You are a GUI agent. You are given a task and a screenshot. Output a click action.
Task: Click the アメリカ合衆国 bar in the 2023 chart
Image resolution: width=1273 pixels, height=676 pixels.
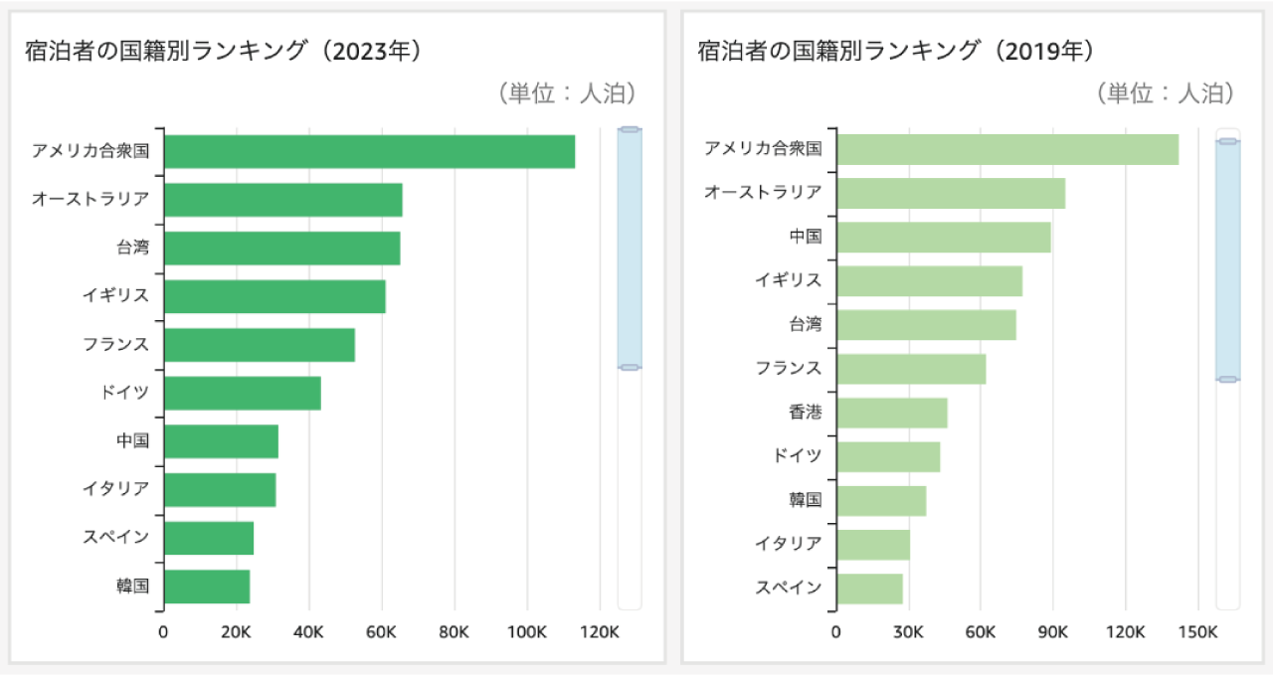[x=369, y=151]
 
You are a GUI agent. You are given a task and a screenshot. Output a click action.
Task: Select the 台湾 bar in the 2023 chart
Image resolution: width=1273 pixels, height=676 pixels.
[x=281, y=248]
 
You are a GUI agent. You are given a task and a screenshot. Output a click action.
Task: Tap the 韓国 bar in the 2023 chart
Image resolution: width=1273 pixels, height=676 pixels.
[x=207, y=587]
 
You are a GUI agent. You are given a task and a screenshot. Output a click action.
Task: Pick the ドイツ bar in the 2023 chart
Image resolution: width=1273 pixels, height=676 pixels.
[x=243, y=393]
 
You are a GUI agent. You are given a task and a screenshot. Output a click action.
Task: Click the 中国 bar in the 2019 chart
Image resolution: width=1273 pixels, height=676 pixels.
[x=944, y=237]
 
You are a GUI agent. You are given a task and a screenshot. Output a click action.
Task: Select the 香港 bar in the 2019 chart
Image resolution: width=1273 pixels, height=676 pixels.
[x=892, y=412]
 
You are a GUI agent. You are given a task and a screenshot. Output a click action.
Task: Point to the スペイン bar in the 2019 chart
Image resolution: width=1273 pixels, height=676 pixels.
[x=870, y=588]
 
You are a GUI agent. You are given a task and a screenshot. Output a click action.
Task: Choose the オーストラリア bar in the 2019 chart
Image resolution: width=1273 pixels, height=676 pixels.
[x=951, y=193]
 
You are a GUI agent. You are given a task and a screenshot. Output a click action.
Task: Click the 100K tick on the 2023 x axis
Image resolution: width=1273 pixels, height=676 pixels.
[x=526, y=632]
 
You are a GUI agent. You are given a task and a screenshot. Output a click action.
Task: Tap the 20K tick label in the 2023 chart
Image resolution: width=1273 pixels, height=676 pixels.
[x=236, y=632]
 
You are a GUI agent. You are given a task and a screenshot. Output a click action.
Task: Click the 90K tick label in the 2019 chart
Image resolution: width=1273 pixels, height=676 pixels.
[x=1053, y=632]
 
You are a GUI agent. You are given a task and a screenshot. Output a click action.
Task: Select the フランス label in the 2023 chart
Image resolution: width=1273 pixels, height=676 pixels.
[x=115, y=344]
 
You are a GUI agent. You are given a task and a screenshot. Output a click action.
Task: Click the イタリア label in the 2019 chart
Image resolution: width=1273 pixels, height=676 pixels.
[x=789, y=544]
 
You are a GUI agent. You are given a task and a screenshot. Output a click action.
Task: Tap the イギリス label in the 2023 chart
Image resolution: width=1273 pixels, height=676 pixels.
[x=115, y=295]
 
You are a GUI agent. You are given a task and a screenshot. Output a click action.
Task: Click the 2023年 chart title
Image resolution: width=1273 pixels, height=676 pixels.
[x=225, y=52]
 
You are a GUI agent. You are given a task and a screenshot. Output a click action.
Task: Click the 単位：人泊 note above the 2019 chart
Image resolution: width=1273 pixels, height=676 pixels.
[x=1165, y=93]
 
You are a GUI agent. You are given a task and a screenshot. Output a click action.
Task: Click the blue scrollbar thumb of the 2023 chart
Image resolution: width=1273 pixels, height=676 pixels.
[x=629, y=249]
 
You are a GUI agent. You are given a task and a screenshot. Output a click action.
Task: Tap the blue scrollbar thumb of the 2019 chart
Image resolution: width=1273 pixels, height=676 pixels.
[x=1227, y=260]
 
